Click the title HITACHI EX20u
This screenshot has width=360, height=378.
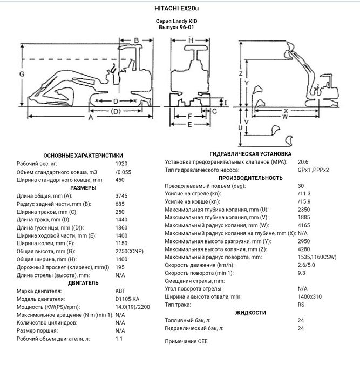tap(180, 9)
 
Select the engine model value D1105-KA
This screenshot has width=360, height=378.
tap(128, 299)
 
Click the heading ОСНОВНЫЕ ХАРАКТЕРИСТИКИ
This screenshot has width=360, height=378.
tap(84, 154)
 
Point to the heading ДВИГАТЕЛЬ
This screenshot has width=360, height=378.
tap(84, 282)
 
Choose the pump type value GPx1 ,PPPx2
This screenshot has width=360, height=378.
tap(313, 170)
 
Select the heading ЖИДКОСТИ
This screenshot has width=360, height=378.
tap(250, 312)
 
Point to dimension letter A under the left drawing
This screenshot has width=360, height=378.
tap(91, 117)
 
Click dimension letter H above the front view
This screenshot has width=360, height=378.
tap(191, 41)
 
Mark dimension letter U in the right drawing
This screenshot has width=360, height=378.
tap(240, 127)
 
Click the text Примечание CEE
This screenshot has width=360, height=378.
tap(186, 341)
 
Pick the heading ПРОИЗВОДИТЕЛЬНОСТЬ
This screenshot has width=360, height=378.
tap(250, 178)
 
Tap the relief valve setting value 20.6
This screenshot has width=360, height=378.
tap(303, 161)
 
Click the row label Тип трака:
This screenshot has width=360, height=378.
tap(180, 305)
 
